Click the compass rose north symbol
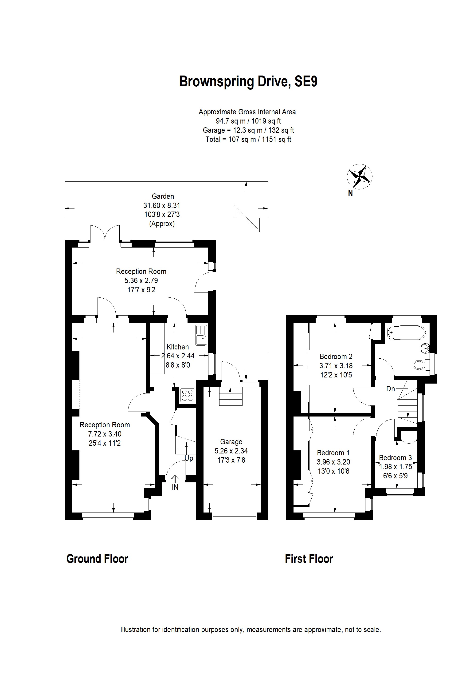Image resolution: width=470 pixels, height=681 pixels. (x=360, y=176)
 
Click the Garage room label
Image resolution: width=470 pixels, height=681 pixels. (x=231, y=442)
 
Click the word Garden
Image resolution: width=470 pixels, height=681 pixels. (x=163, y=196)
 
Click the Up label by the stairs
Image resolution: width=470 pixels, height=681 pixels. (x=189, y=458)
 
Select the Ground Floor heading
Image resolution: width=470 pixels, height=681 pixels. (x=97, y=559)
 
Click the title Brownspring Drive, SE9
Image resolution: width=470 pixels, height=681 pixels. (x=248, y=81)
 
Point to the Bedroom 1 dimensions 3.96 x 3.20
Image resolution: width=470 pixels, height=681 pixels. (x=333, y=462)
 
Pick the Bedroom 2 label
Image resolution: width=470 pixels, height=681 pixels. (x=336, y=357)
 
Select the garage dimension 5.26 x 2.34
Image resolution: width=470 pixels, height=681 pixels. (x=231, y=451)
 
